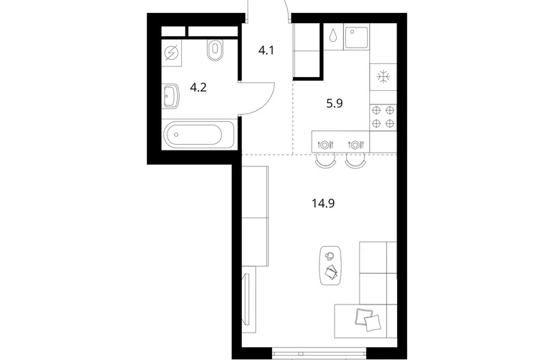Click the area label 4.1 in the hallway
click(x=266, y=50)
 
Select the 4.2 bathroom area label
click(x=198, y=87)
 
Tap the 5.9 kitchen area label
click(x=335, y=104)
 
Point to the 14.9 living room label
click(x=323, y=203)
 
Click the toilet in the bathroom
click(x=215, y=50)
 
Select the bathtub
click(x=198, y=135)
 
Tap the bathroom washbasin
click(x=171, y=96)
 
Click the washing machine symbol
click(x=172, y=53)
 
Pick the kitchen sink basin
click(x=356, y=37)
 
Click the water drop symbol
click(x=333, y=35)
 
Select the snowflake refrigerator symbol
click(x=383, y=77)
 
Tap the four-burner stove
click(x=383, y=117)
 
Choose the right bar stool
click(x=355, y=161)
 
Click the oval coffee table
click(x=330, y=266)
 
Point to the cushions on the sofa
click(x=368, y=320)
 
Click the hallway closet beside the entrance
click(x=306, y=50)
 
